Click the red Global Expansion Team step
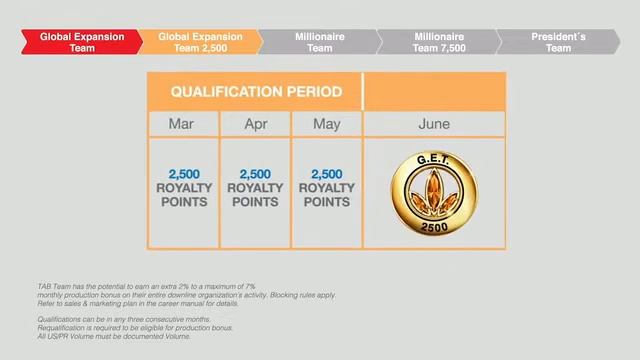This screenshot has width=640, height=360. pyautogui.click(x=80, y=41)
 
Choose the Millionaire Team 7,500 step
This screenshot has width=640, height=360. pyautogui.click(x=439, y=41)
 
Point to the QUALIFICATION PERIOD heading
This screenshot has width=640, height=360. pyautogui.click(x=256, y=92)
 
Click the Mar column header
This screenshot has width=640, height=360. pyautogui.click(x=183, y=125)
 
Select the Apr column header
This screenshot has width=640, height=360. pyautogui.click(x=255, y=125)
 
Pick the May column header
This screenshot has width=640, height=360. pyautogui.click(x=327, y=125)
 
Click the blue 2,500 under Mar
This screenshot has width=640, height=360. pyautogui.click(x=184, y=173)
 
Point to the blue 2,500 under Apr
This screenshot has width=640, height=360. pyautogui.click(x=255, y=173)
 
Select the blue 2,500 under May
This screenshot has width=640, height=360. pyautogui.click(x=327, y=173)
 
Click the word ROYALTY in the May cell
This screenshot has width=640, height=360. pyautogui.click(x=327, y=187)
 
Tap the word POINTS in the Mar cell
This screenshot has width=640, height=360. pyautogui.click(x=184, y=201)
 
